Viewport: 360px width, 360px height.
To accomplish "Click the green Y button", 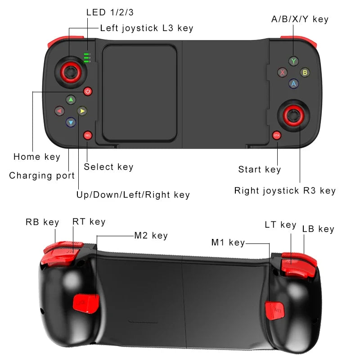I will click(293, 61).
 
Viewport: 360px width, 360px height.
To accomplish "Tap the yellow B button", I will click(305, 72).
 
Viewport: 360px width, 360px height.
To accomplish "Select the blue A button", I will click(293, 83).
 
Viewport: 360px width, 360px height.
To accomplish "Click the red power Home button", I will click(87, 91).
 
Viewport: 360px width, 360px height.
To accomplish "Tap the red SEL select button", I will click(87, 135).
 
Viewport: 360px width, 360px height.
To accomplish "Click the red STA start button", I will click(277, 135).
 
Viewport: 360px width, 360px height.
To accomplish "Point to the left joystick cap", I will click(69, 71).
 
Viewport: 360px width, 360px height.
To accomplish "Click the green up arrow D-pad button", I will click(71, 99).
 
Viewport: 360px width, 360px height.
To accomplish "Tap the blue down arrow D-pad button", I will click(71, 122).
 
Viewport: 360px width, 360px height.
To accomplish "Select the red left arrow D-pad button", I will click(59, 111).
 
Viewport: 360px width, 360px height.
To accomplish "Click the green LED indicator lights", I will click(86, 58).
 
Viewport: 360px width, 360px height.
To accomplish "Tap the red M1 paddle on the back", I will click(274, 309).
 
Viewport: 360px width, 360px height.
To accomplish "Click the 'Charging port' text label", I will click(42, 175).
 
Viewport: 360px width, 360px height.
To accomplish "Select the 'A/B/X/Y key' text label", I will click(300, 19).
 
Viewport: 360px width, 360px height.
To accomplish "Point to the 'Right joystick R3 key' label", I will click(285, 191).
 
